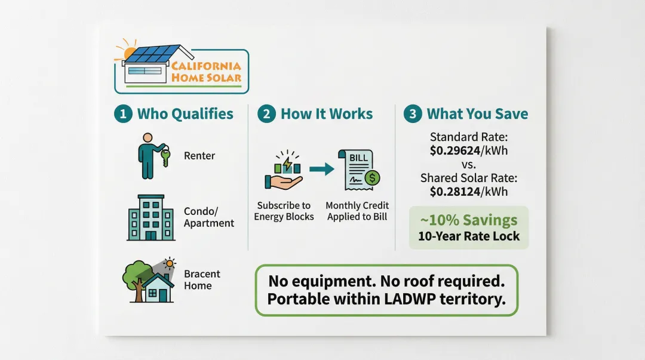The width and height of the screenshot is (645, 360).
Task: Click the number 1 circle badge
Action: (x=123, y=114)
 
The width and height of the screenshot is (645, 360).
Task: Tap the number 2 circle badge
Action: (x=266, y=114)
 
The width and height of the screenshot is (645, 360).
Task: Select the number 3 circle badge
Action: (x=413, y=114)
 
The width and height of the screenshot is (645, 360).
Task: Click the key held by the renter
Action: (x=165, y=158)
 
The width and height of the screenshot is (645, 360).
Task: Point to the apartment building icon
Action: (x=151, y=218)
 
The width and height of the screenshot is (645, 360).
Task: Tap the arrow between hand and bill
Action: (x=322, y=169)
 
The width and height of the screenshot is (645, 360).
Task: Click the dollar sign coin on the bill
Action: (x=372, y=178)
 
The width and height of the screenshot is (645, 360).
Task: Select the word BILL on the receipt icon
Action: (x=358, y=158)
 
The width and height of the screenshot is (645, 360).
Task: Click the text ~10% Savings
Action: (x=469, y=220)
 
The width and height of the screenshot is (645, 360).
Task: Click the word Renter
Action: (x=199, y=156)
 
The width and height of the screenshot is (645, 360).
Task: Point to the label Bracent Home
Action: (x=202, y=280)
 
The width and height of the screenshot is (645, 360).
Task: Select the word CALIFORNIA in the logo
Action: (x=206, y=66)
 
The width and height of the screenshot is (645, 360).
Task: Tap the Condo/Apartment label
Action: (x=209, y=217)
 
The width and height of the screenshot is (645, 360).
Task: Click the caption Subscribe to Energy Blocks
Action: (x=284, y=211)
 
